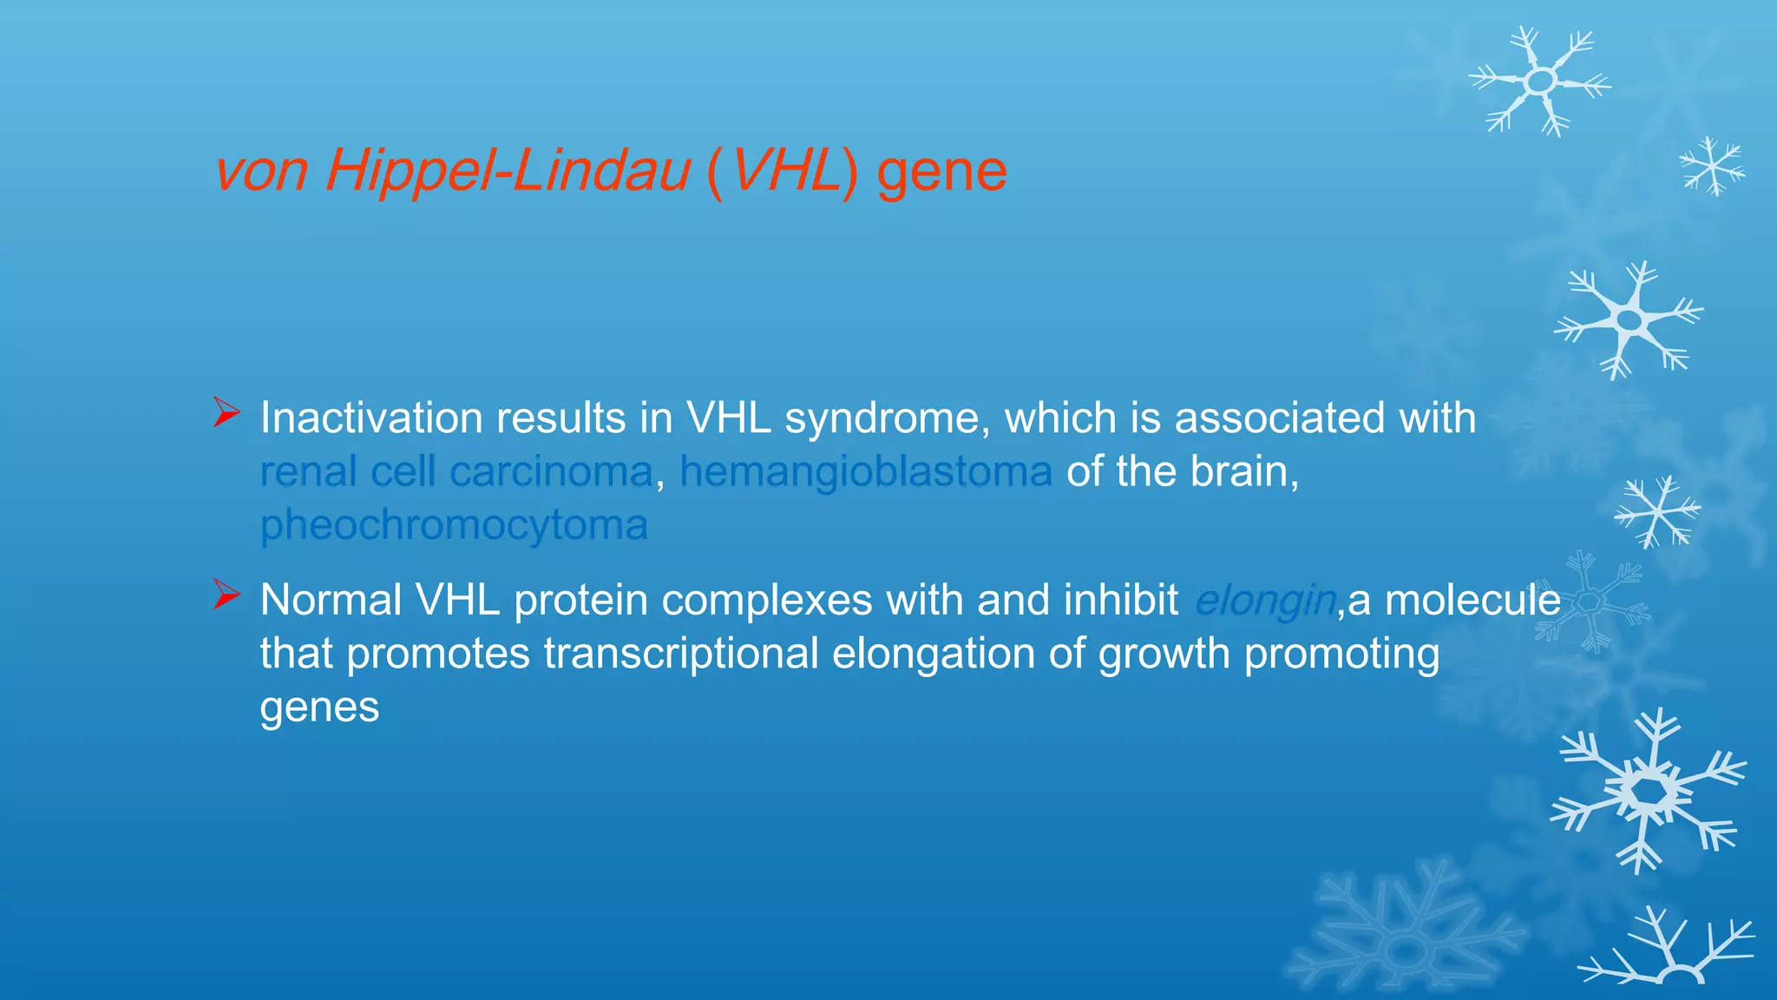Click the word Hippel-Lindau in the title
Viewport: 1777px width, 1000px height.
[508, 170]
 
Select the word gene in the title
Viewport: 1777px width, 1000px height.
[941, 170]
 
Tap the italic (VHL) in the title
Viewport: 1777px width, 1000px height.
[782, 170]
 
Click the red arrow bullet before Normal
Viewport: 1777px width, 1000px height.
[226, 595]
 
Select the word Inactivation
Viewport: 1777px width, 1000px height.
[370, 418]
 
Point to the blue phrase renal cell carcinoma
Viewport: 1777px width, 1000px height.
[456, 471]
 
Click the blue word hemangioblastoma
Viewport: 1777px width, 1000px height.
[865, 471]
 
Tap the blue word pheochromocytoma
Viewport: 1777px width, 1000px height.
[454, 525]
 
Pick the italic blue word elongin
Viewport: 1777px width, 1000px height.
[1264, 600]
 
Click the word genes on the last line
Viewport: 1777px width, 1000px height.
[319, 707]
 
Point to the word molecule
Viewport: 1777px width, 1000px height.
[1472, 600]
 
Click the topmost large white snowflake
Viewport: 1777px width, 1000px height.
[1540, 82]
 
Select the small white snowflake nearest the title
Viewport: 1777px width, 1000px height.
[1711, 165]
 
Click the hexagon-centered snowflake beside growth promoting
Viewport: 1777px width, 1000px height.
[1590, 601]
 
